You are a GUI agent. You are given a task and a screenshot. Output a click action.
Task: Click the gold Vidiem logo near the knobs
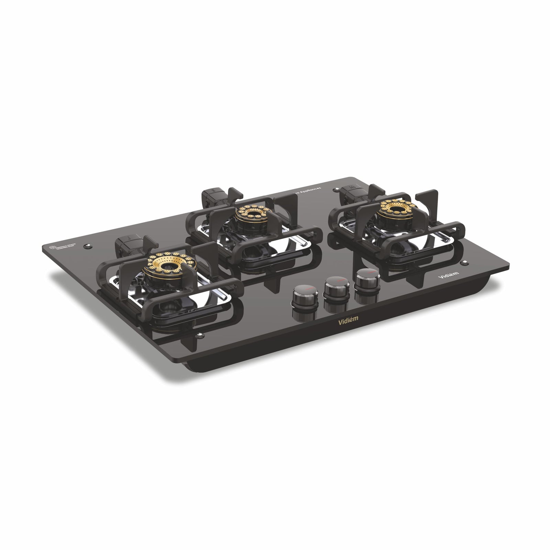click(347, 318)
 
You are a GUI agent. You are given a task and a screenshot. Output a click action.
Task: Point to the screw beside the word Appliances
click(334, 189)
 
